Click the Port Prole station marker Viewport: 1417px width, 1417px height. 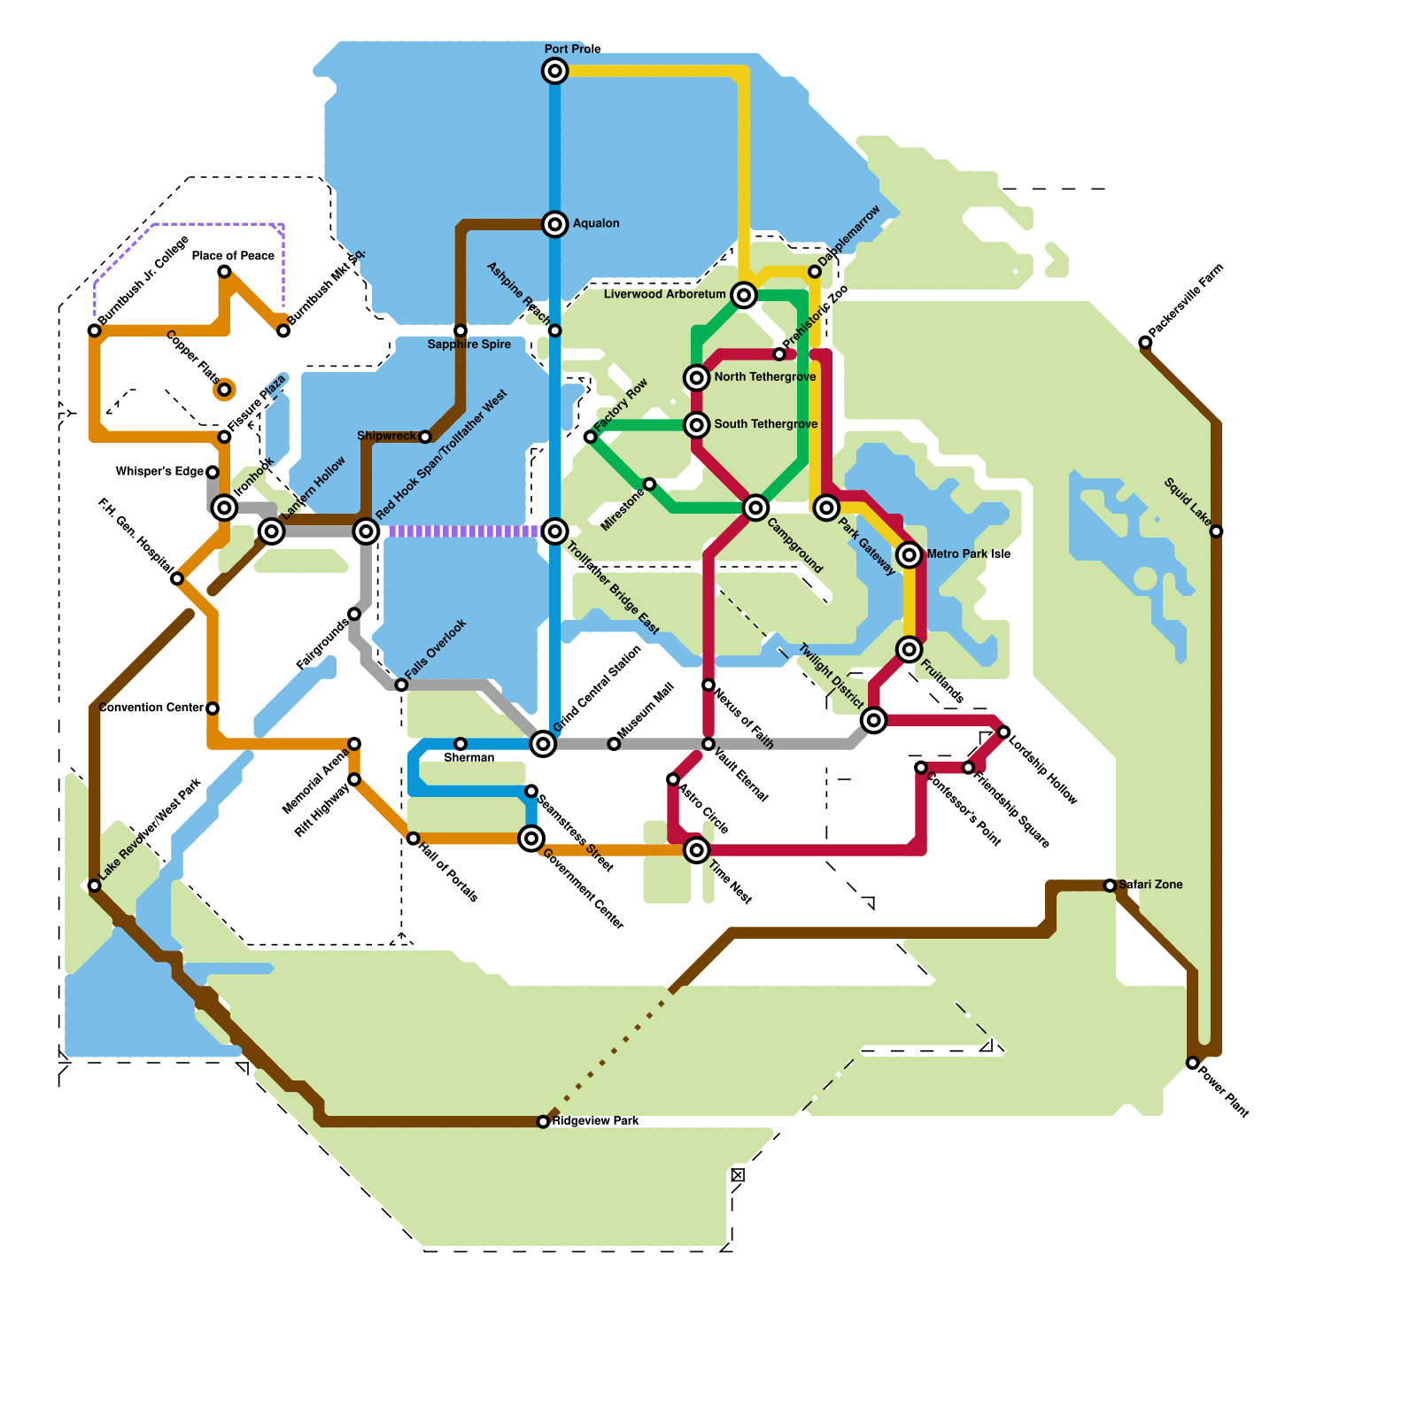554,71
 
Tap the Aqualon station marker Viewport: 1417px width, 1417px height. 554,224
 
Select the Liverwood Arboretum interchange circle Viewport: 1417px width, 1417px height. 744,295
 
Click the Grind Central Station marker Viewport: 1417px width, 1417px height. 543,744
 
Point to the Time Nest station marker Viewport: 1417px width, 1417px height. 697,850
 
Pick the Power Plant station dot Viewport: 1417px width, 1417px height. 1193,1063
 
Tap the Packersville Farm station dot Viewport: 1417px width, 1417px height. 1145,343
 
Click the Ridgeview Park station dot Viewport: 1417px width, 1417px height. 543,1122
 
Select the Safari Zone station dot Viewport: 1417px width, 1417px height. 1110,886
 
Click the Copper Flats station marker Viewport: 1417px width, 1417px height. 224,390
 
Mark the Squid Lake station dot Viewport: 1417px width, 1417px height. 1216,531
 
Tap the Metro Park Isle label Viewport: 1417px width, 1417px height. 968,554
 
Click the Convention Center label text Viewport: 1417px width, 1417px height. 151,708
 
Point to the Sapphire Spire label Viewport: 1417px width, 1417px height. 468,345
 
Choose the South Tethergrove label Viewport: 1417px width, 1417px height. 765,424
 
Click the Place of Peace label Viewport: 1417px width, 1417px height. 233,256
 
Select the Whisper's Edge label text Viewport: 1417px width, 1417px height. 159,472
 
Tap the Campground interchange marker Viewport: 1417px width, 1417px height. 755,507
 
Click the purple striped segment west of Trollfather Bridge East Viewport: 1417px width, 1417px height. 461,531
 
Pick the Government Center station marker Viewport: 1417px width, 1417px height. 531,838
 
